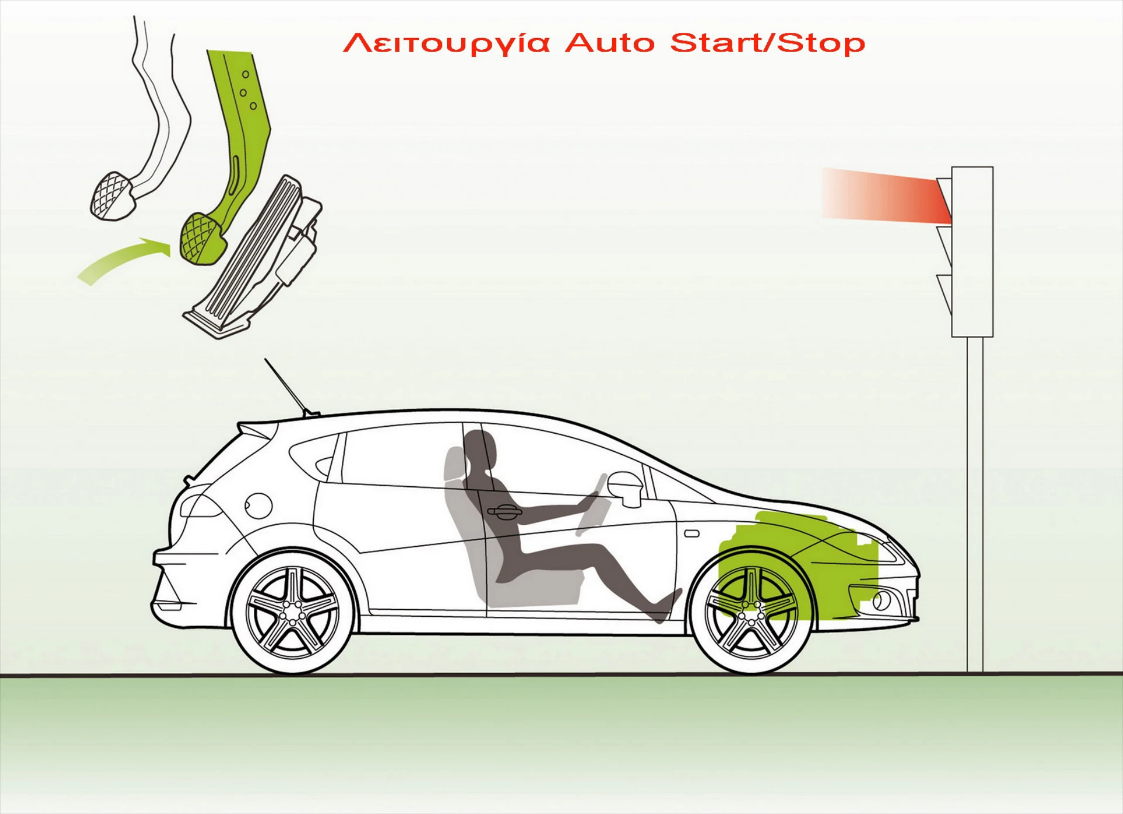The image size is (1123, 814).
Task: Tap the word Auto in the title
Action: pos(610,43)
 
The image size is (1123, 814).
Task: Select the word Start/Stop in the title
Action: pos(767,43)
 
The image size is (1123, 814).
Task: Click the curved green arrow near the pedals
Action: pos(123,260)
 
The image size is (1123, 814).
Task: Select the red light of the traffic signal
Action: pos(944,201)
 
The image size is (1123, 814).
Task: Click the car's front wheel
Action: pos(751,612)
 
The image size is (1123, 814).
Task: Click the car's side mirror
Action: pos(625,487)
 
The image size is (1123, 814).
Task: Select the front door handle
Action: pos(504,513)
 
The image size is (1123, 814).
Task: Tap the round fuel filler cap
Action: pos(258,505)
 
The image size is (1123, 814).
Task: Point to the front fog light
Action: pos(881,600)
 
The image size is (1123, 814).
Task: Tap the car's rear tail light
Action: pos(199,506)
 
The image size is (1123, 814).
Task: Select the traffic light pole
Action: pos(974,504)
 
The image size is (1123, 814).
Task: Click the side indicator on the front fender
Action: pos(692,534)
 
